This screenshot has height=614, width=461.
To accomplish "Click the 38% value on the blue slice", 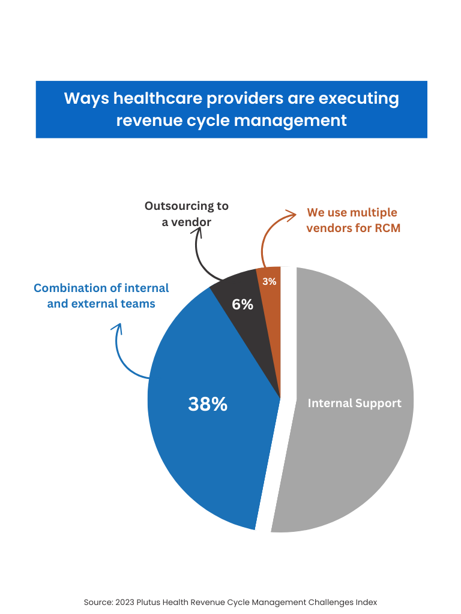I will coord(208,404).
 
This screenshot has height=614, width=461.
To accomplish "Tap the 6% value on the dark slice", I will coord(243,305).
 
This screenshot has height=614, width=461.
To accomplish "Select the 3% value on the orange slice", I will coord(270,281).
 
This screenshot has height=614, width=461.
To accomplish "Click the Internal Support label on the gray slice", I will coord(354,403).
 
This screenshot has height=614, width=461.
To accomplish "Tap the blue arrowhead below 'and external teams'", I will coord(118,328).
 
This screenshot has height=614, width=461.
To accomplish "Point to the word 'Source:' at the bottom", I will coord(97,601).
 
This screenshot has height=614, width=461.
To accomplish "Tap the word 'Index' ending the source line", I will coord(366,601).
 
